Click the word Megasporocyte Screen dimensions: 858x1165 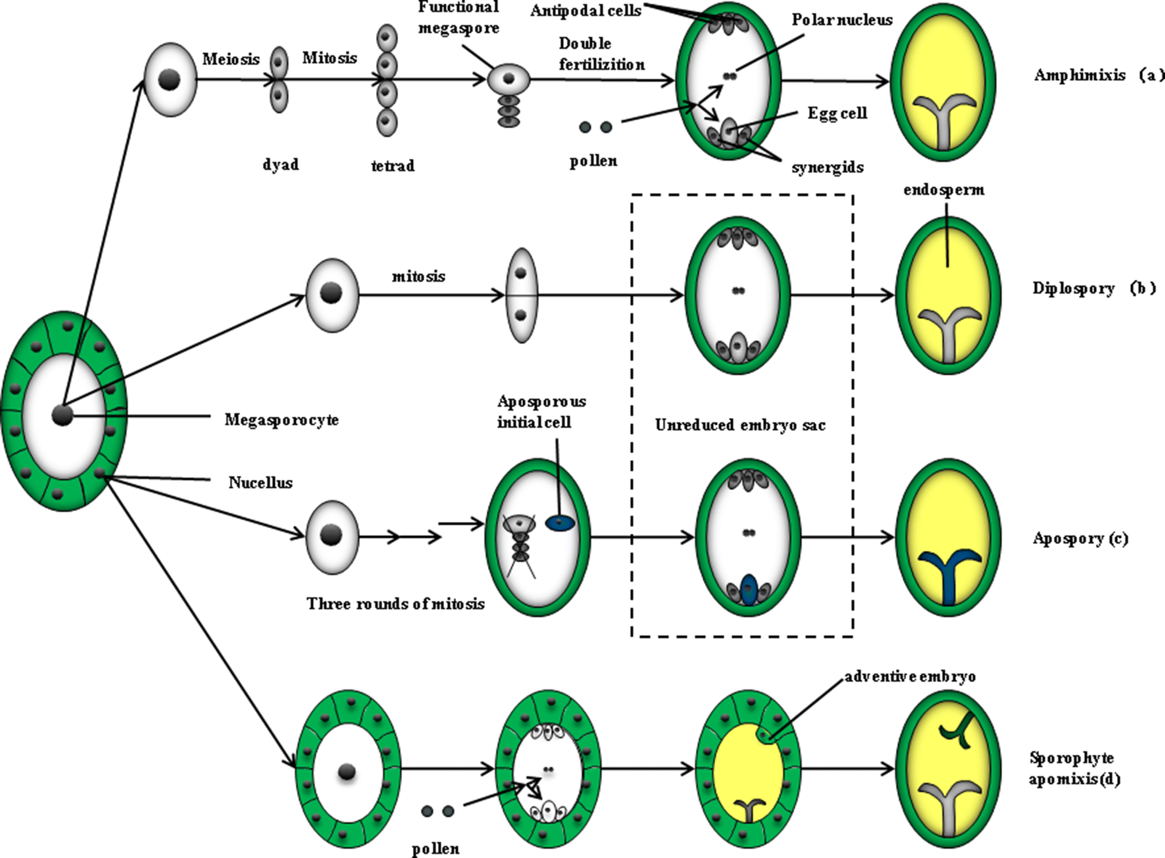point(281,420)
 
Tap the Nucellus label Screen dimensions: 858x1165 point(260,483)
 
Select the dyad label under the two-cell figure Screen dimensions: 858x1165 point(280,165)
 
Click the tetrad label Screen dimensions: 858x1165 point(392,166)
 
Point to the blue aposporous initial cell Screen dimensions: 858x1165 point(560,523)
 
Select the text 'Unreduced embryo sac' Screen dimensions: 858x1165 point(740,425)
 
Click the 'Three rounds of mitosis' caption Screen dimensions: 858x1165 point(395,604)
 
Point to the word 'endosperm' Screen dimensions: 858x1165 point(944,190)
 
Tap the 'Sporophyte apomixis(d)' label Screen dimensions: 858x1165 point(1073,769)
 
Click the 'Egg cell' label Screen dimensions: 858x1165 point(837,113)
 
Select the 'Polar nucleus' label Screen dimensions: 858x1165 point(842,20)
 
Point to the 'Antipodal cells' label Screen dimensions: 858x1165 point(585,11)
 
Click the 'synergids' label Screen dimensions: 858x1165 point(827,167)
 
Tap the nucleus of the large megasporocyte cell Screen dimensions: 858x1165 point(62,415)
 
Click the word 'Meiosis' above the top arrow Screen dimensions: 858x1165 point(230,59)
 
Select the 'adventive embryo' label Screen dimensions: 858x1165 point(910,677)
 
